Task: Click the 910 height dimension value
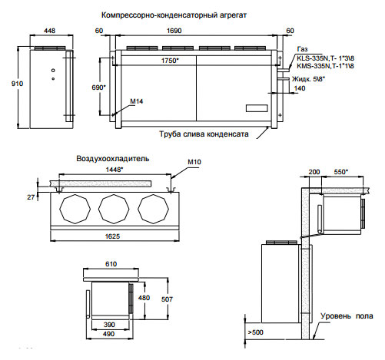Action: tap(17, 84)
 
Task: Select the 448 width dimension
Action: tap(49, 31)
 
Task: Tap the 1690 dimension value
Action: tap(174, 31)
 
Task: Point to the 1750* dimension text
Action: tap(170, 61)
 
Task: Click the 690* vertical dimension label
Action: tap(98, 88)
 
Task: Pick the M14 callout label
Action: tap(137, 101)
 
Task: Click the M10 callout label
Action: tap(194, 162)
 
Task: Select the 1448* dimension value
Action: tap(115, 170)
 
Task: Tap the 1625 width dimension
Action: tap(112, 236)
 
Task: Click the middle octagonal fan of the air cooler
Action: tap(114, 209)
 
